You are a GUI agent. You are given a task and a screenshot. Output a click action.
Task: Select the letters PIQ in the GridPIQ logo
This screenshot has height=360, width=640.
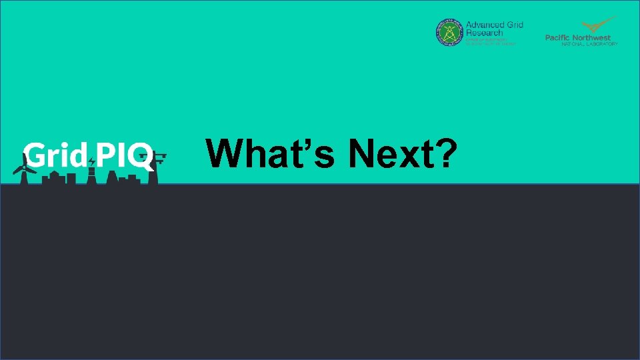pyautogui.click(x=124, y=156)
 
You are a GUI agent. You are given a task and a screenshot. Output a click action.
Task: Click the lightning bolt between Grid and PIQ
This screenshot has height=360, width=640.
pyautogui.click(x=91, y=162)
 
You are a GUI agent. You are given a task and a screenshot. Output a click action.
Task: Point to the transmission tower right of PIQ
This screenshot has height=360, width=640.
pyautogui.click(x=161, y=157)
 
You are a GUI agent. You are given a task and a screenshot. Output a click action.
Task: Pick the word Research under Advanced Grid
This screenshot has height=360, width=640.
pyautogui.click(x=484, y=33)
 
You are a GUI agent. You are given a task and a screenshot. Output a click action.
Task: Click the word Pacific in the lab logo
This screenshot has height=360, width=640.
pyautogui.click(x=559, y=37)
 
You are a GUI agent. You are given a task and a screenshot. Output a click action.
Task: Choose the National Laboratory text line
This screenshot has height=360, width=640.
pyautogui.click(x=589, y=44)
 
